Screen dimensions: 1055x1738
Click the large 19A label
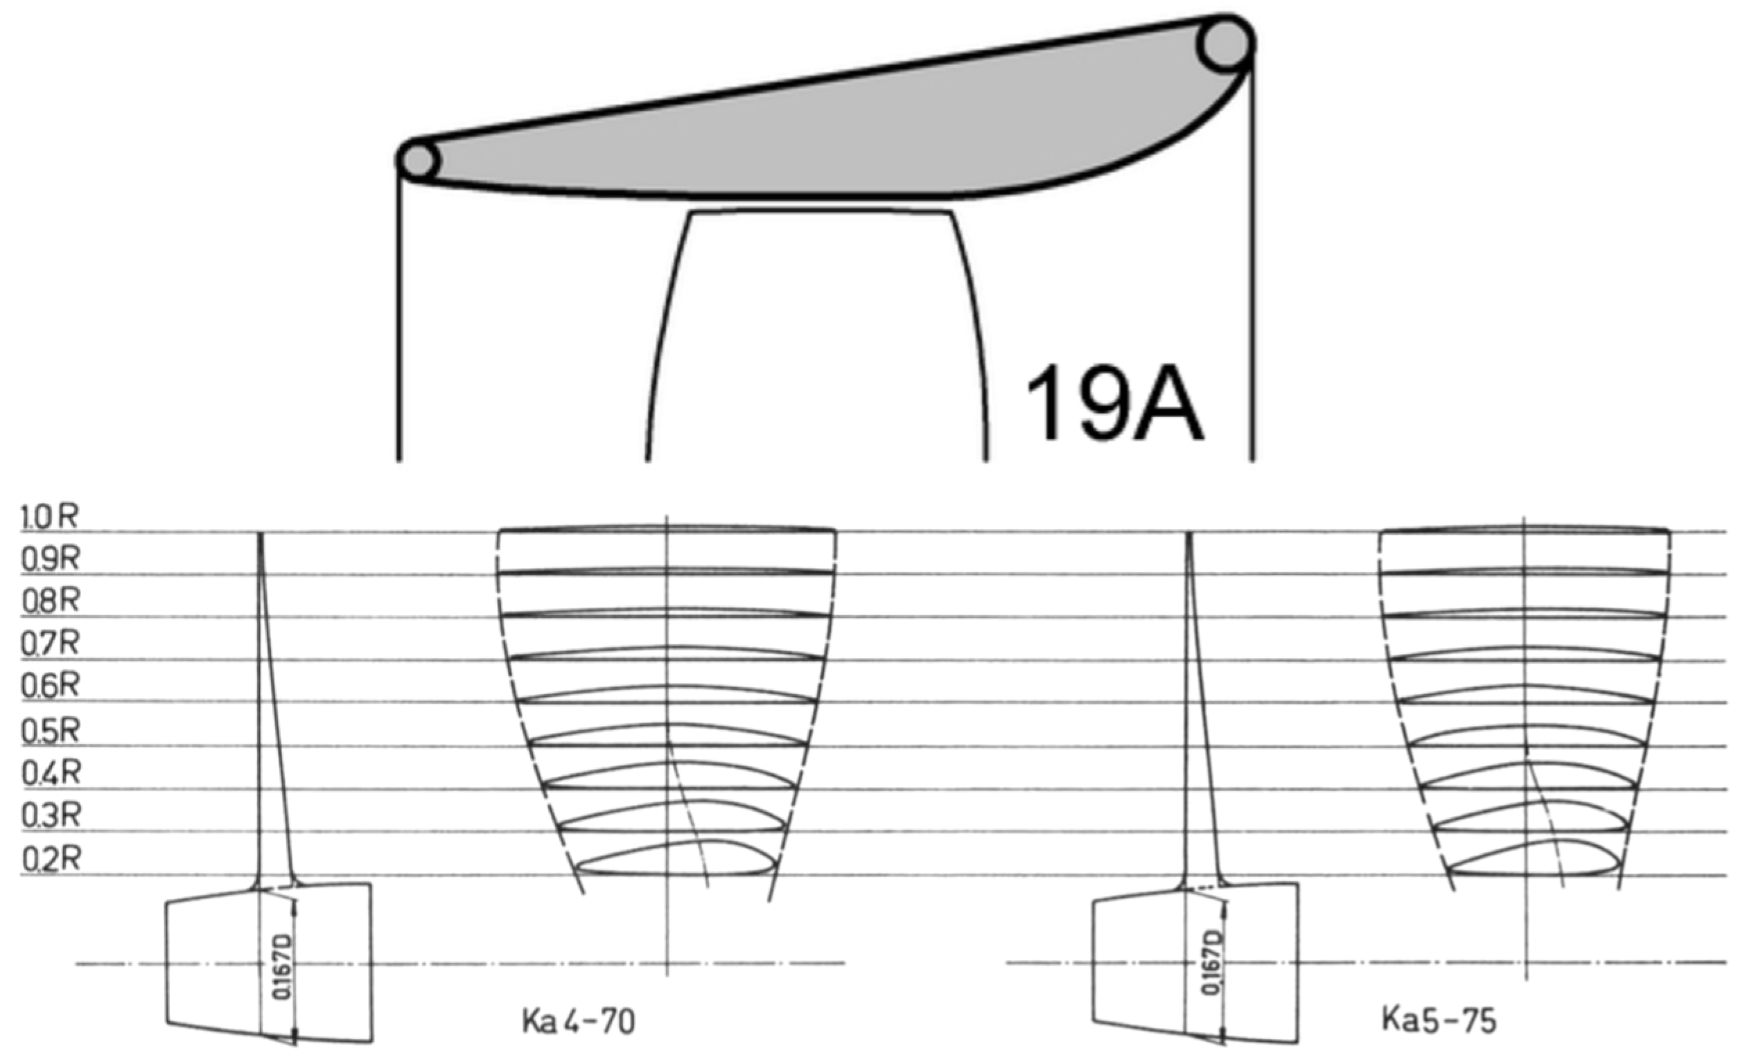coord(1114,404)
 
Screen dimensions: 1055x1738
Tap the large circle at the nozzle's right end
coord(1225,44)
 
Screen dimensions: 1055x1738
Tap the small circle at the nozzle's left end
coord(419,161)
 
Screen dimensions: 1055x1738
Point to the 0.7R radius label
coord(49,643)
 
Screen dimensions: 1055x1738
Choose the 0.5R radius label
coord(49,732)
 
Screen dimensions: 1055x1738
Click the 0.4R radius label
coord(49,774)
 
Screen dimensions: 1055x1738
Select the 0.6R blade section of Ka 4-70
coord(667,695)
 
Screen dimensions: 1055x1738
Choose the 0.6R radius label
coord(49,686)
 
